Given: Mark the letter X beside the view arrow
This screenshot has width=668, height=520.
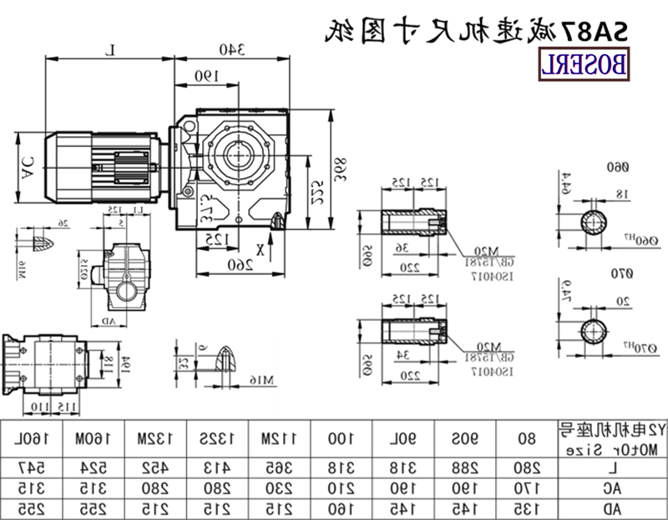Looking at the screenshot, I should pyautogui.click(x=261, y=247).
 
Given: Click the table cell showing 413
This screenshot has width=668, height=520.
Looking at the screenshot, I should pyautogui.click(x=210, y=465).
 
